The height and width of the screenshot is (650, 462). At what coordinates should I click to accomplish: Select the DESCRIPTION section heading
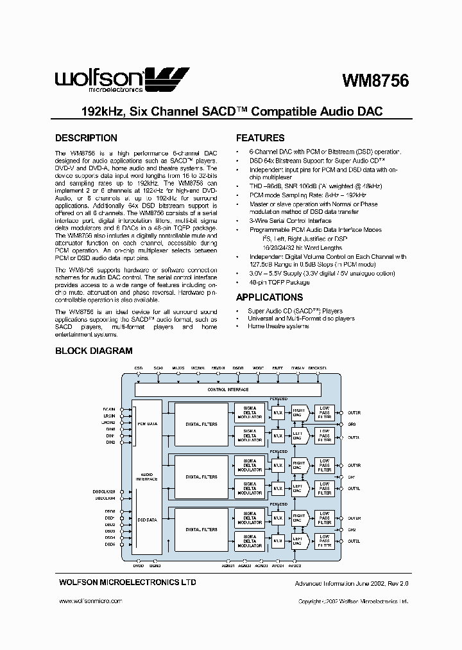click(86, 138)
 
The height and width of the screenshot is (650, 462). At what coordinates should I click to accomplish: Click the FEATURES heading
click(260, 138)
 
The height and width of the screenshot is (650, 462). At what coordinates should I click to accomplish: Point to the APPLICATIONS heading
click(269, 297)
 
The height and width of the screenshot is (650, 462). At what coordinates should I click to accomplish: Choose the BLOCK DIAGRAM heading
click(94, 351)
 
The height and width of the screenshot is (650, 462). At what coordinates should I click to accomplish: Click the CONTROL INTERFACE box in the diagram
click(228, 390)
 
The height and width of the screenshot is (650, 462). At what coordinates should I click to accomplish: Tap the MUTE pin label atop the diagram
click(277, 368)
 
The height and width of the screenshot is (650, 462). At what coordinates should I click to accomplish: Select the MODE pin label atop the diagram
click(258, 368)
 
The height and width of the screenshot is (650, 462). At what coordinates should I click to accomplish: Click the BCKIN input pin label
click(108, 408)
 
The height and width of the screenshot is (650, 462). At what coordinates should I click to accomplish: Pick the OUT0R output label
click(354, 413)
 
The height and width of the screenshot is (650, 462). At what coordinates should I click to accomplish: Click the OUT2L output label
click(354, 541)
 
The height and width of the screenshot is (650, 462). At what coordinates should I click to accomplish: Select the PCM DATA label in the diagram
click(148, 425)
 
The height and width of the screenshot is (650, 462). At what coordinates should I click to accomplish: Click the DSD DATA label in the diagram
click(148, 520)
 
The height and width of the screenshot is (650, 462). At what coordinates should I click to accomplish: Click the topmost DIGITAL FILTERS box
click(201, 423)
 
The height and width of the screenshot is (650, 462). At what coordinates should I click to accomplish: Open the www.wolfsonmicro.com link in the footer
click(90, 601)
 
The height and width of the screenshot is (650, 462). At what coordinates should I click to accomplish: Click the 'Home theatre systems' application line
click(278, 326)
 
